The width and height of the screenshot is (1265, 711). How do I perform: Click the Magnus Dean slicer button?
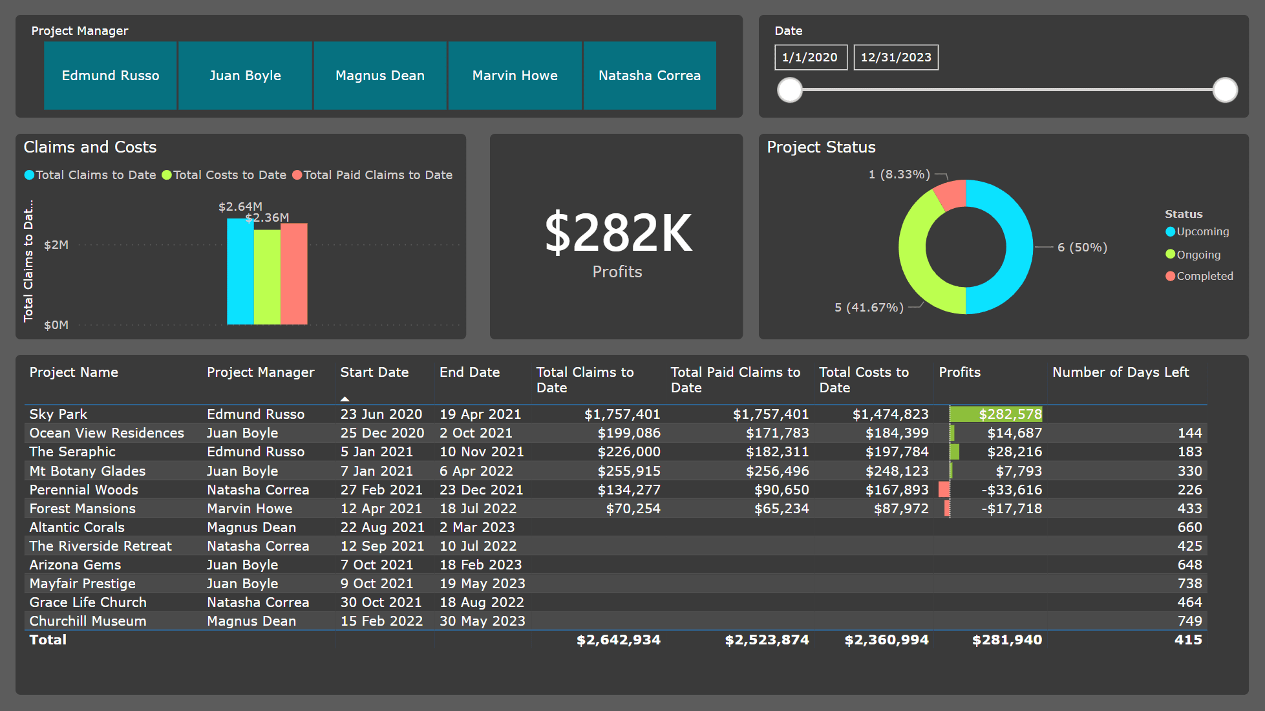pos(379,76)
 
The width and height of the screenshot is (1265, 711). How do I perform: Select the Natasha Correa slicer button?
pos(649,76)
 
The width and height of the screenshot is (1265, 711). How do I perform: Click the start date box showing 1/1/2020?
pos(810,58)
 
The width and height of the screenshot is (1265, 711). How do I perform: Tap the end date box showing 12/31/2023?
pos(895,58)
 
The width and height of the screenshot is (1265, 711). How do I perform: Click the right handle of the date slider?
pos(1224,90)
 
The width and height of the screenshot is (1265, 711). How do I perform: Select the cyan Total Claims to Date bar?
pos(240,271)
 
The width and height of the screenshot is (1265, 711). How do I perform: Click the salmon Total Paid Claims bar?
pos(294,274)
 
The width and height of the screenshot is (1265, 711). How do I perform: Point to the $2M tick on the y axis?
pos(56,245)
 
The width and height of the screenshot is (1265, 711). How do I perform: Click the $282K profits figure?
pos(617,233)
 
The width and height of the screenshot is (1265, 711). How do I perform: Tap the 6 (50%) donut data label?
pos(1082,248)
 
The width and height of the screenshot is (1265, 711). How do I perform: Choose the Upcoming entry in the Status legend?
pos(1202,231)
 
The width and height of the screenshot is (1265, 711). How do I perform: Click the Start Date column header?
pos(374,372)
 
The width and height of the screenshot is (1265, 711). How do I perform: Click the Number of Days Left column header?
pos(1120,372)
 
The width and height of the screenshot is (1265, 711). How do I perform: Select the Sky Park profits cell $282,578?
pos(1010,414)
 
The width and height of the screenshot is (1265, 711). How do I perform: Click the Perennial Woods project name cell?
pos(84,490)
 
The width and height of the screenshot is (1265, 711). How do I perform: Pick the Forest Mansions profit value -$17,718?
pos(1011,509)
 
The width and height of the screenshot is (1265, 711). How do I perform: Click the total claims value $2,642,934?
pos(618,640)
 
